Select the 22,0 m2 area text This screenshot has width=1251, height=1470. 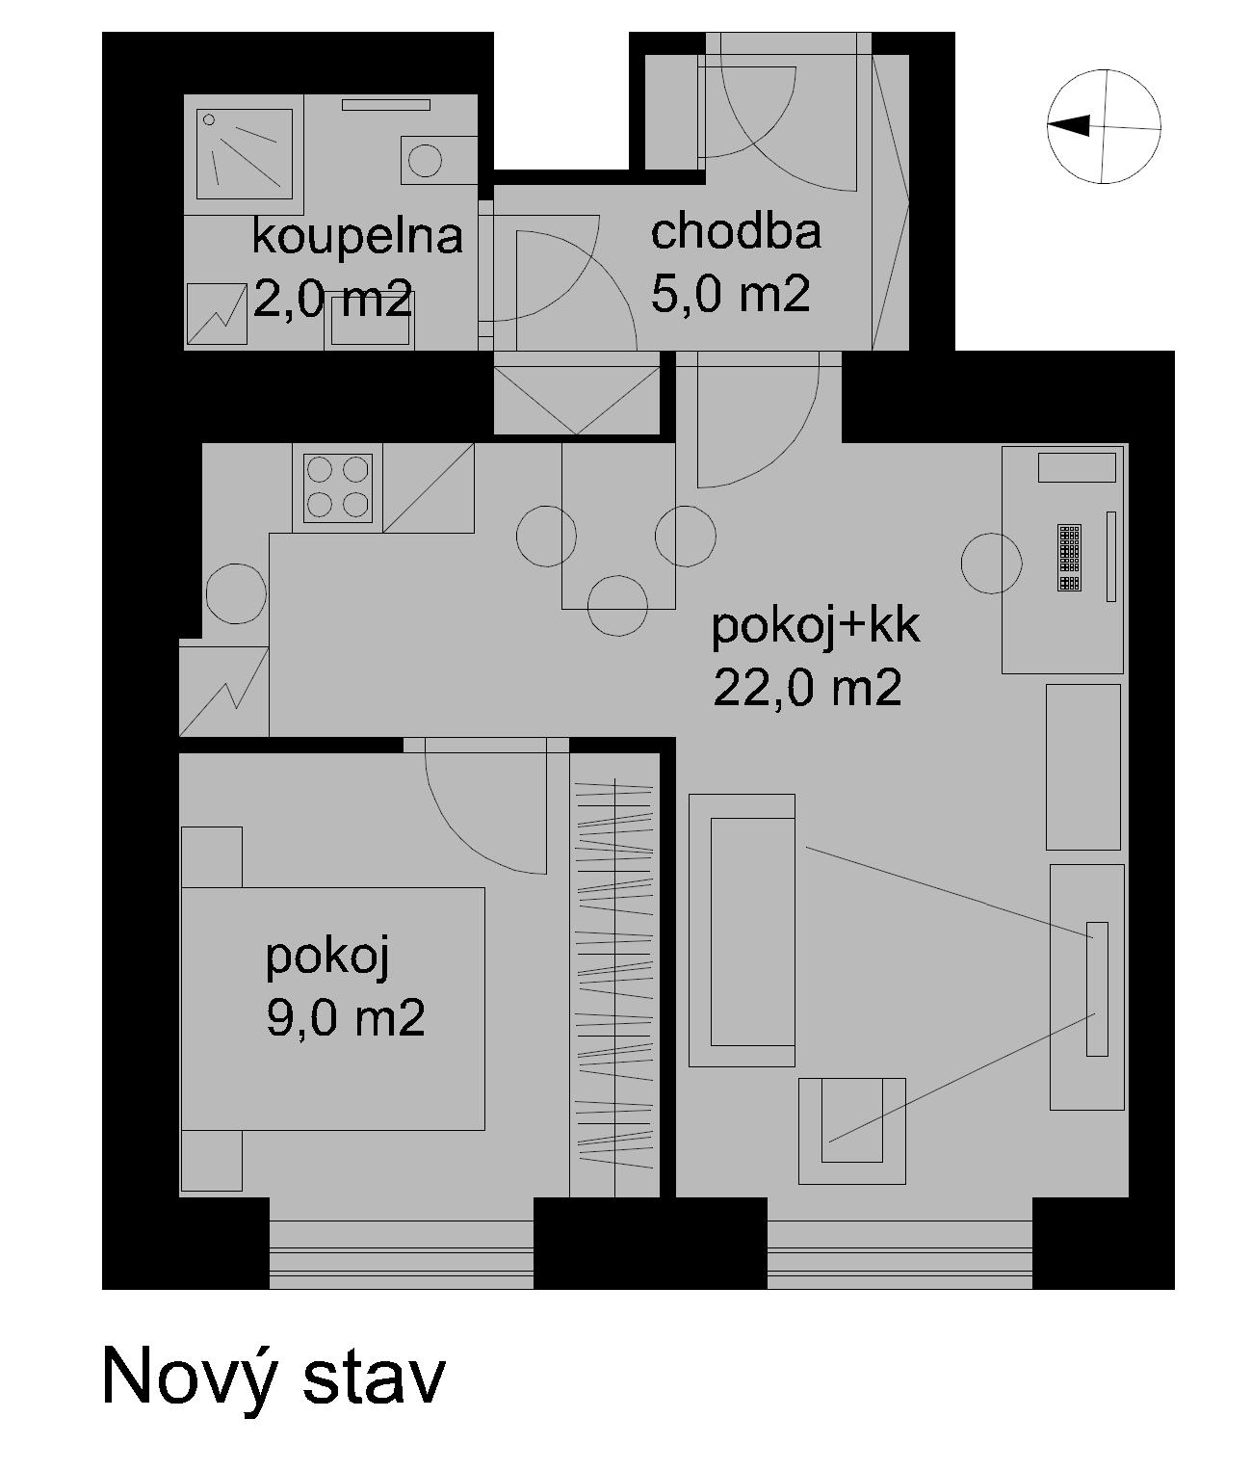coord(807,689)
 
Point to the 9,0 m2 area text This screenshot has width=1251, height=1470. coord(345,1017)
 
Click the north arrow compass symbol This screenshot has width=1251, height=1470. coord(1104,126)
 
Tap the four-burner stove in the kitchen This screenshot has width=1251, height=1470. coord(338,487)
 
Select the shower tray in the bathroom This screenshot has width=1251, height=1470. coord(244,154)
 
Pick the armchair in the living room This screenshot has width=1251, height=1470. coord(851,1131)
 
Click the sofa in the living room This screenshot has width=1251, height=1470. coord(742,931)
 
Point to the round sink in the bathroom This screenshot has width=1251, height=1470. coord(426,160)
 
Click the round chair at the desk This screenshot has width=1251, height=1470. coord(991,564)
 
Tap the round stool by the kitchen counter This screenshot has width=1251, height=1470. coord(236,593)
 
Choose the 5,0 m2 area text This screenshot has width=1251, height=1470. coord(730,295)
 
